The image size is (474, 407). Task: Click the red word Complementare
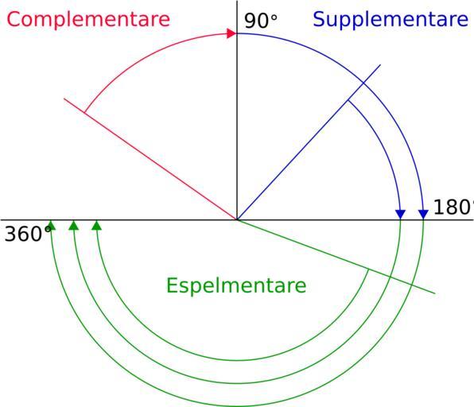click(x=88, y=20)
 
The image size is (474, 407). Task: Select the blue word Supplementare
click(x=390, y=20)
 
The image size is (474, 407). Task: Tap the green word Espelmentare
click(x=236, y=285)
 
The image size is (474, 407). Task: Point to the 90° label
click(x=261, y=21)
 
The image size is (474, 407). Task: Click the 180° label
click(x=453, y=207)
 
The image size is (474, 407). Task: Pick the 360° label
click(x=28, y=235)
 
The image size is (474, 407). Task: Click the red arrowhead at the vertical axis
click(x=231, y=33)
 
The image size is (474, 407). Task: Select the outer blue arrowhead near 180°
click(x=424, y=214)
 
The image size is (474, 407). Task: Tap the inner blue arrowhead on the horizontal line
click(x=401, y=214)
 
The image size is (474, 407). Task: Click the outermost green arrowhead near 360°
click(x=51, y=226)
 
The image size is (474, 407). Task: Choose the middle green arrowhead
click(x=74, y=226)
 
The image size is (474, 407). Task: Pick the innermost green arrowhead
click(x=97, y=226)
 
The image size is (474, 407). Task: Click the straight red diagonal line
click(x=150, y=159)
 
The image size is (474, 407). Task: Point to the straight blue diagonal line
click(x=309, y=142)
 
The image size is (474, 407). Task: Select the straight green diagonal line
click(x=336, y=257)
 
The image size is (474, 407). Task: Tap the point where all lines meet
click(x=237, y=220)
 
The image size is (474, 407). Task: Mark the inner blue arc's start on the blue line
click(x=348, y=100)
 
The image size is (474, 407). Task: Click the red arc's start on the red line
click(x=84, y=113)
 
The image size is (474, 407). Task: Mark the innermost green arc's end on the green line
click(x=368, y=269)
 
